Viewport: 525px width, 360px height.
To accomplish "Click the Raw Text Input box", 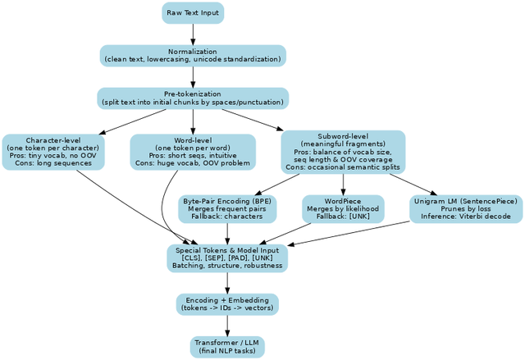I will [192, 13].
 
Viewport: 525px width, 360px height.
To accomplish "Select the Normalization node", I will [193, 56].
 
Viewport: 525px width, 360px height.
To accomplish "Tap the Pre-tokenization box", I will [193, 98].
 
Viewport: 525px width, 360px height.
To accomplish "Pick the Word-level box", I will [193, 152].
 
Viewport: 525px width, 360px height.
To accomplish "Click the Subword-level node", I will [343, 152].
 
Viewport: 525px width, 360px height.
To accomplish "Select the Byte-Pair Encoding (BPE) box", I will [228, 209].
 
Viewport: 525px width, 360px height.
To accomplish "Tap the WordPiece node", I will [343, 209].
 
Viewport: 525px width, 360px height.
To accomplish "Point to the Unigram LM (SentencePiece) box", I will [465, 209].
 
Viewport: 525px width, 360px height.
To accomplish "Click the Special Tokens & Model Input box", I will [227, 257].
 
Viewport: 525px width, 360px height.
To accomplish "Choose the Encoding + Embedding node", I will [227, 304].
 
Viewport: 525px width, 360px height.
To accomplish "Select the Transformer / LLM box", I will [227, 346].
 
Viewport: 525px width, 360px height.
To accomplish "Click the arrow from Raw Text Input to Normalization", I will [193, 34].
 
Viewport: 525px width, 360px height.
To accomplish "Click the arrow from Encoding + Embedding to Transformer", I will [227, 326].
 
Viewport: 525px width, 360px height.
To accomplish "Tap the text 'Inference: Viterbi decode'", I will [465, 217].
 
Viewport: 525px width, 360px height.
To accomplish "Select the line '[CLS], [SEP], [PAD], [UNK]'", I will [227, 257].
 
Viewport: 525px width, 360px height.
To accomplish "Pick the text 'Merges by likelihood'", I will [343, 209].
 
